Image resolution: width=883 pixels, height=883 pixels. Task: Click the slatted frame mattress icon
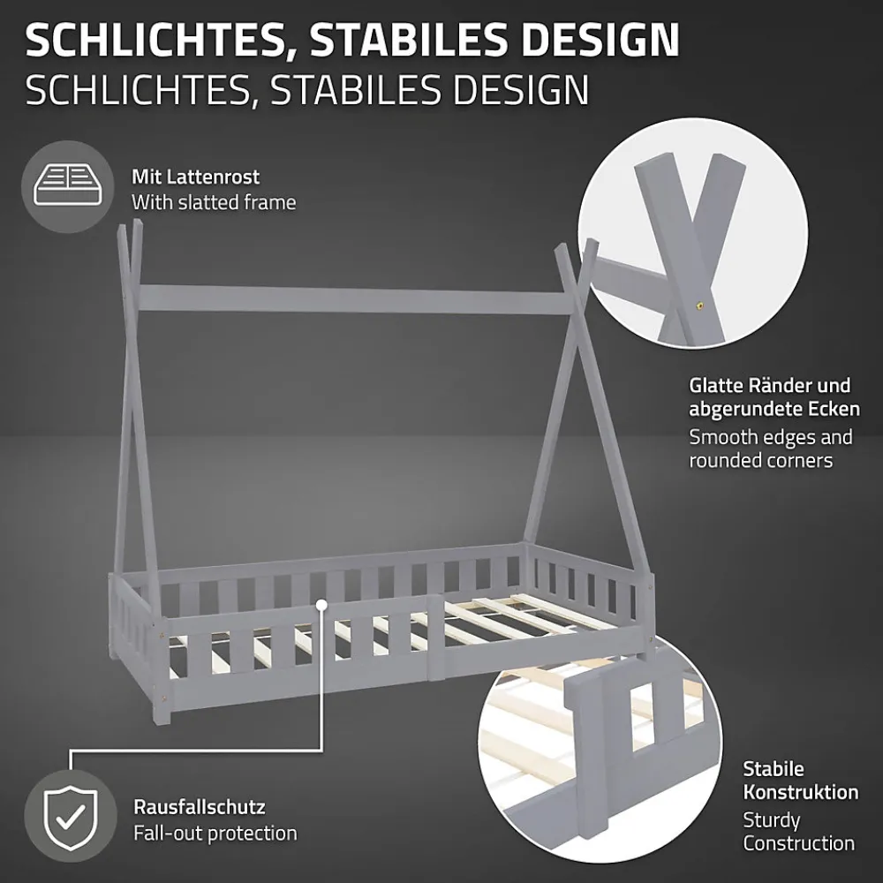coord(67,186)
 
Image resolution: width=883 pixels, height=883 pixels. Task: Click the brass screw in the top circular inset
coord(700,306)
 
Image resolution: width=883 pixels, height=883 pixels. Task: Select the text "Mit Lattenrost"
coord(195,177)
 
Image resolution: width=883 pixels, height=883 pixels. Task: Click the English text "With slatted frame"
coord(214,203)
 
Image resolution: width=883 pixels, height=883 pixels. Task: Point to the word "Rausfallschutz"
coord(200,807)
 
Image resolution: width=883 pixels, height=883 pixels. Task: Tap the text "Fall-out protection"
coord(215,833)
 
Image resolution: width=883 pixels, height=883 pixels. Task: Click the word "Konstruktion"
coord(800,792)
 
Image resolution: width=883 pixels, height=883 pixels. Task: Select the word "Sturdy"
coord(771,820)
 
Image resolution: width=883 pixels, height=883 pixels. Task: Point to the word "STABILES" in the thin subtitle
coord(355,89)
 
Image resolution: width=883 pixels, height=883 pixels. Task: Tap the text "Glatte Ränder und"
coord(769,387)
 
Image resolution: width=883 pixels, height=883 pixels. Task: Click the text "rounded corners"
coord(761,461)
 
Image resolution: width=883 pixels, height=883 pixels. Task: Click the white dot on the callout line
coord(321,605)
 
